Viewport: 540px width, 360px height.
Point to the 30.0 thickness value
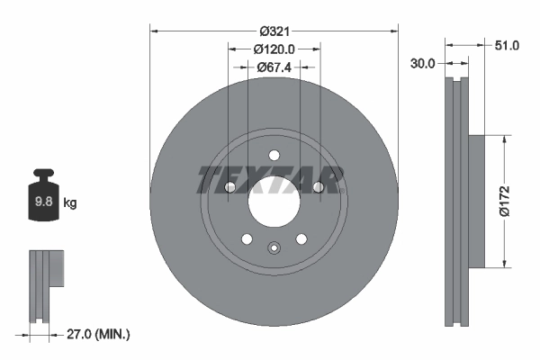pos(423,64)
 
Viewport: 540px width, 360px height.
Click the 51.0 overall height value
pos(506,45)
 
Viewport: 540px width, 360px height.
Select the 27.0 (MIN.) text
pos(99,334)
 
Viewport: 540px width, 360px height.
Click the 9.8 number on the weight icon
pos(42,203)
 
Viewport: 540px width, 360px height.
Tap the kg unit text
pos(70,203)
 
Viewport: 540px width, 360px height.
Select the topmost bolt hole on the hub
pos(274,155)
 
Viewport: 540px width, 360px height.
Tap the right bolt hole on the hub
pos(318,187)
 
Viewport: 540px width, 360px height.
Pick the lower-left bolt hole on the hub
pos(247,238)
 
